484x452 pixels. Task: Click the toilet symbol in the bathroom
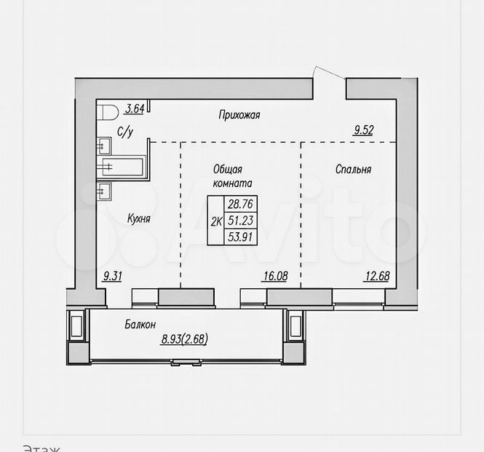click(107, 112)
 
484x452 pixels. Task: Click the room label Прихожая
click(239, 115)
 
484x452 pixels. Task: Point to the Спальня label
click(353, 169)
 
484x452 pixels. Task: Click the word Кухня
click(138, 218)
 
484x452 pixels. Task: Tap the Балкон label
click(140, 325)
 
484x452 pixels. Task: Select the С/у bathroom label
click(125, 132)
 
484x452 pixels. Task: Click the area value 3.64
click(135, 108)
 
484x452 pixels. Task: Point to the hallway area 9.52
click(364, 130)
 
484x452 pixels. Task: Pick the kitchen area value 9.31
click(112, 276)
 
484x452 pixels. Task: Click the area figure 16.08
click(275, 276)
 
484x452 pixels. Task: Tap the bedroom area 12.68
click(378, 276)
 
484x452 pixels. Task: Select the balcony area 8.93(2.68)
click(184, 339)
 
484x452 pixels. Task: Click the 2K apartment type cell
click(216, 221)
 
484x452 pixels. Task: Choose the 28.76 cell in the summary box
click(240, 204)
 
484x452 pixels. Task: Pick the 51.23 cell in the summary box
click(240, 221)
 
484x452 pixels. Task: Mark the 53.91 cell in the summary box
click(240, 237)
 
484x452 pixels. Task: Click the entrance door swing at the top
click(329, 73)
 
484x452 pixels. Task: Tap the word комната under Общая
click(233, 183)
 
